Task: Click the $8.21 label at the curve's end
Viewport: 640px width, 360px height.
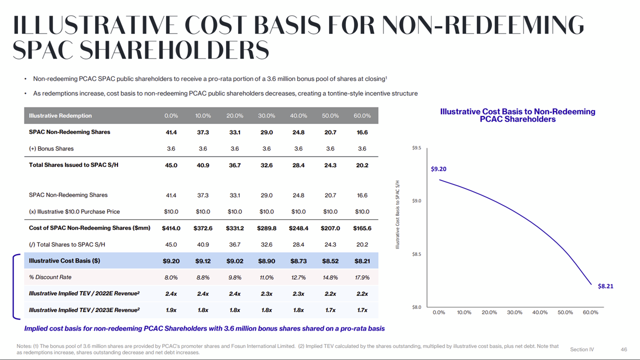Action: [x=605, y=286]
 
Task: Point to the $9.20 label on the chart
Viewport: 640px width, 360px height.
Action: [x=438, y=169]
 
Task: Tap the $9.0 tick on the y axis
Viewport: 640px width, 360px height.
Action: [x=416, y=201]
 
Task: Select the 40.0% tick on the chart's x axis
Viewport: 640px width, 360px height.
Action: [x=540, y=312]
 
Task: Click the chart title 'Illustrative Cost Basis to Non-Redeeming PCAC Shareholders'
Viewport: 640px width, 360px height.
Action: [x=517, y=115]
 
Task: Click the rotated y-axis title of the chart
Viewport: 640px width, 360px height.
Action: [x=398, y=215]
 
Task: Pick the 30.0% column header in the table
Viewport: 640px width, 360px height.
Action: [x=266, y=116]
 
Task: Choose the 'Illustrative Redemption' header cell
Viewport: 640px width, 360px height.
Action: [x=60, y=116]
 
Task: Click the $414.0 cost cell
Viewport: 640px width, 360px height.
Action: [x=171, y=228]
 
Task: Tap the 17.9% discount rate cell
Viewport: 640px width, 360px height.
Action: [x=362, y=277]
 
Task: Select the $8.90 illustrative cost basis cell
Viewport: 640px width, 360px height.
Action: [x=266, y=260]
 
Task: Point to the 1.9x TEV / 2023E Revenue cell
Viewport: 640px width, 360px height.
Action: [x=171, y=310]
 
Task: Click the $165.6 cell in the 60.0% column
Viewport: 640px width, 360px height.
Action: [x=362, y=228]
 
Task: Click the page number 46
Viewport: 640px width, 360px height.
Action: [x=623, y=349]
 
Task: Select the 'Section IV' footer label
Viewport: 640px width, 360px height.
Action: [x=582, y=349]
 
